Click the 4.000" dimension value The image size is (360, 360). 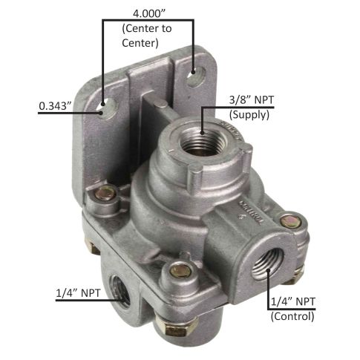[x=148, y=13]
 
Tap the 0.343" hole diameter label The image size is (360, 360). [x=55, y=106]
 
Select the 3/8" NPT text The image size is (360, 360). [x=252, y=100]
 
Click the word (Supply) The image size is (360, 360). [x=249, y=115]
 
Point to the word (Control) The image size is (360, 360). [x=292, y=316]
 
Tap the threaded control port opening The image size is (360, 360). [x=268, y=264]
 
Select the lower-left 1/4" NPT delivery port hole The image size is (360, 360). [x=120, y=290]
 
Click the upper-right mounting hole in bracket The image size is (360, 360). [x=196, y=76]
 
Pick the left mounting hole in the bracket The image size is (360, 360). [x=108, y=109]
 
